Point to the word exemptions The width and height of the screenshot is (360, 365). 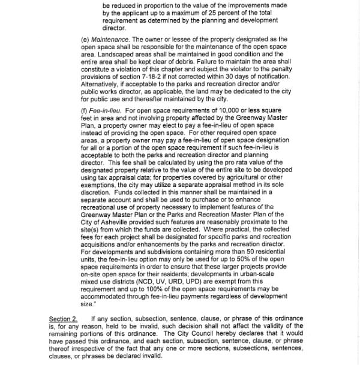coord(99,186)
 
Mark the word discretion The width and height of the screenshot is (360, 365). coord(98,193)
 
